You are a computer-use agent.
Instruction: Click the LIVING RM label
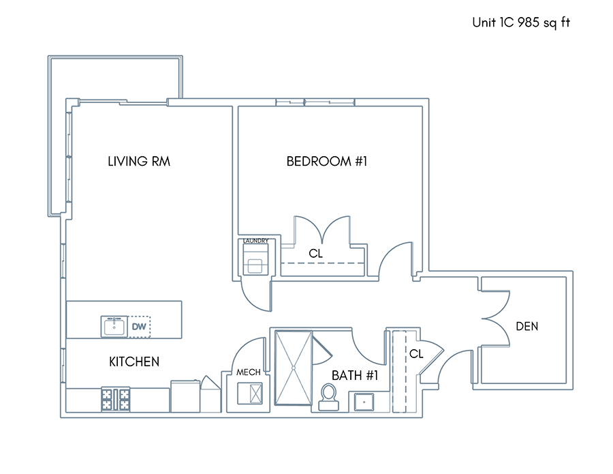139,161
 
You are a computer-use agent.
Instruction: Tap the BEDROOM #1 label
327,161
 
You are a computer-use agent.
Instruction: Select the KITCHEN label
134,361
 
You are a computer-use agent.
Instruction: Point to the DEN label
527,327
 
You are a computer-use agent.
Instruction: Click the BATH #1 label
355,376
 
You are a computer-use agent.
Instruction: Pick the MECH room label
248,372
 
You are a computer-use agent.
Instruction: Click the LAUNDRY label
255,241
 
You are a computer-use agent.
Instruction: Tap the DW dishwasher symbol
140,327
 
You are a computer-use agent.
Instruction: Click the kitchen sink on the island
114,327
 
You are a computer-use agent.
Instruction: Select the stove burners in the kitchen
116,399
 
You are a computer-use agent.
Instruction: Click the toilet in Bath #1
328,397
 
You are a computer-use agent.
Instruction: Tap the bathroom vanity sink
364,402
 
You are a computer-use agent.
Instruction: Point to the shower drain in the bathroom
293,368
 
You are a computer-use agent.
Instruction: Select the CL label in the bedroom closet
315,254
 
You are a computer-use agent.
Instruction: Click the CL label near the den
416,354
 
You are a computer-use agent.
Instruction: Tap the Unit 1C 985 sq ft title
521,23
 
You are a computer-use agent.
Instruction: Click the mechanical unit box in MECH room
250,394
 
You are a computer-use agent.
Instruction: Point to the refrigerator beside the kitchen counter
185,396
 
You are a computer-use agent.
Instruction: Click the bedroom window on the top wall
315,102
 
